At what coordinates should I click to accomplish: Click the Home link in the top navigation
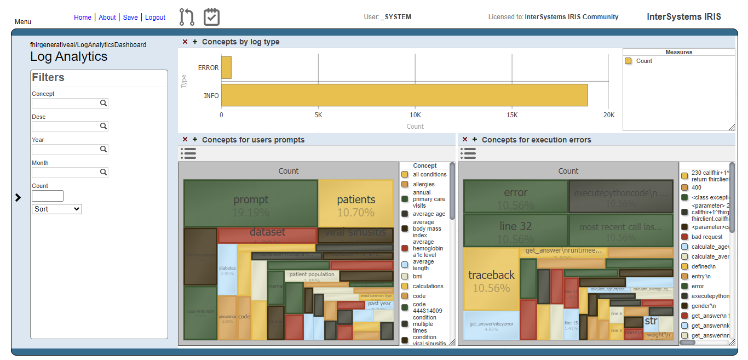click(83, 18)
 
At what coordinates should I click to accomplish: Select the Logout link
click(155, 18)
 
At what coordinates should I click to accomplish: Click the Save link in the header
click(130, 18)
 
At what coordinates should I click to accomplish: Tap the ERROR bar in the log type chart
click(226, 68)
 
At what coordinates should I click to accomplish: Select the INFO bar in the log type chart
click(404, 95)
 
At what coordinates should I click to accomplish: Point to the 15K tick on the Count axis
click(511, 115)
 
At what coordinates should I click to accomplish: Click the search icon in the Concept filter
click(103, 104)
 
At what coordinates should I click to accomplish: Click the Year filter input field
click(65, 150)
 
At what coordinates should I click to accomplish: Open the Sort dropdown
click(57, 209)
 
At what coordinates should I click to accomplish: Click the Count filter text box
click(48, 196)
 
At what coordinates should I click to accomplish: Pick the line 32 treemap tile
click(515, 230)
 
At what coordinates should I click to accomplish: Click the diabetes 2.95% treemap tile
click(227, 270)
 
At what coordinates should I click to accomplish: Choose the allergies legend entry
click(423, 184)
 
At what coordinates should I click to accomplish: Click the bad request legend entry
click(706, 237)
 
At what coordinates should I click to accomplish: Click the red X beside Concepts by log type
click(185, 42)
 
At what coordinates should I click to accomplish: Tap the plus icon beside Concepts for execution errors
click(475, 140)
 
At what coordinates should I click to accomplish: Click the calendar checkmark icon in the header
click(211, 17)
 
